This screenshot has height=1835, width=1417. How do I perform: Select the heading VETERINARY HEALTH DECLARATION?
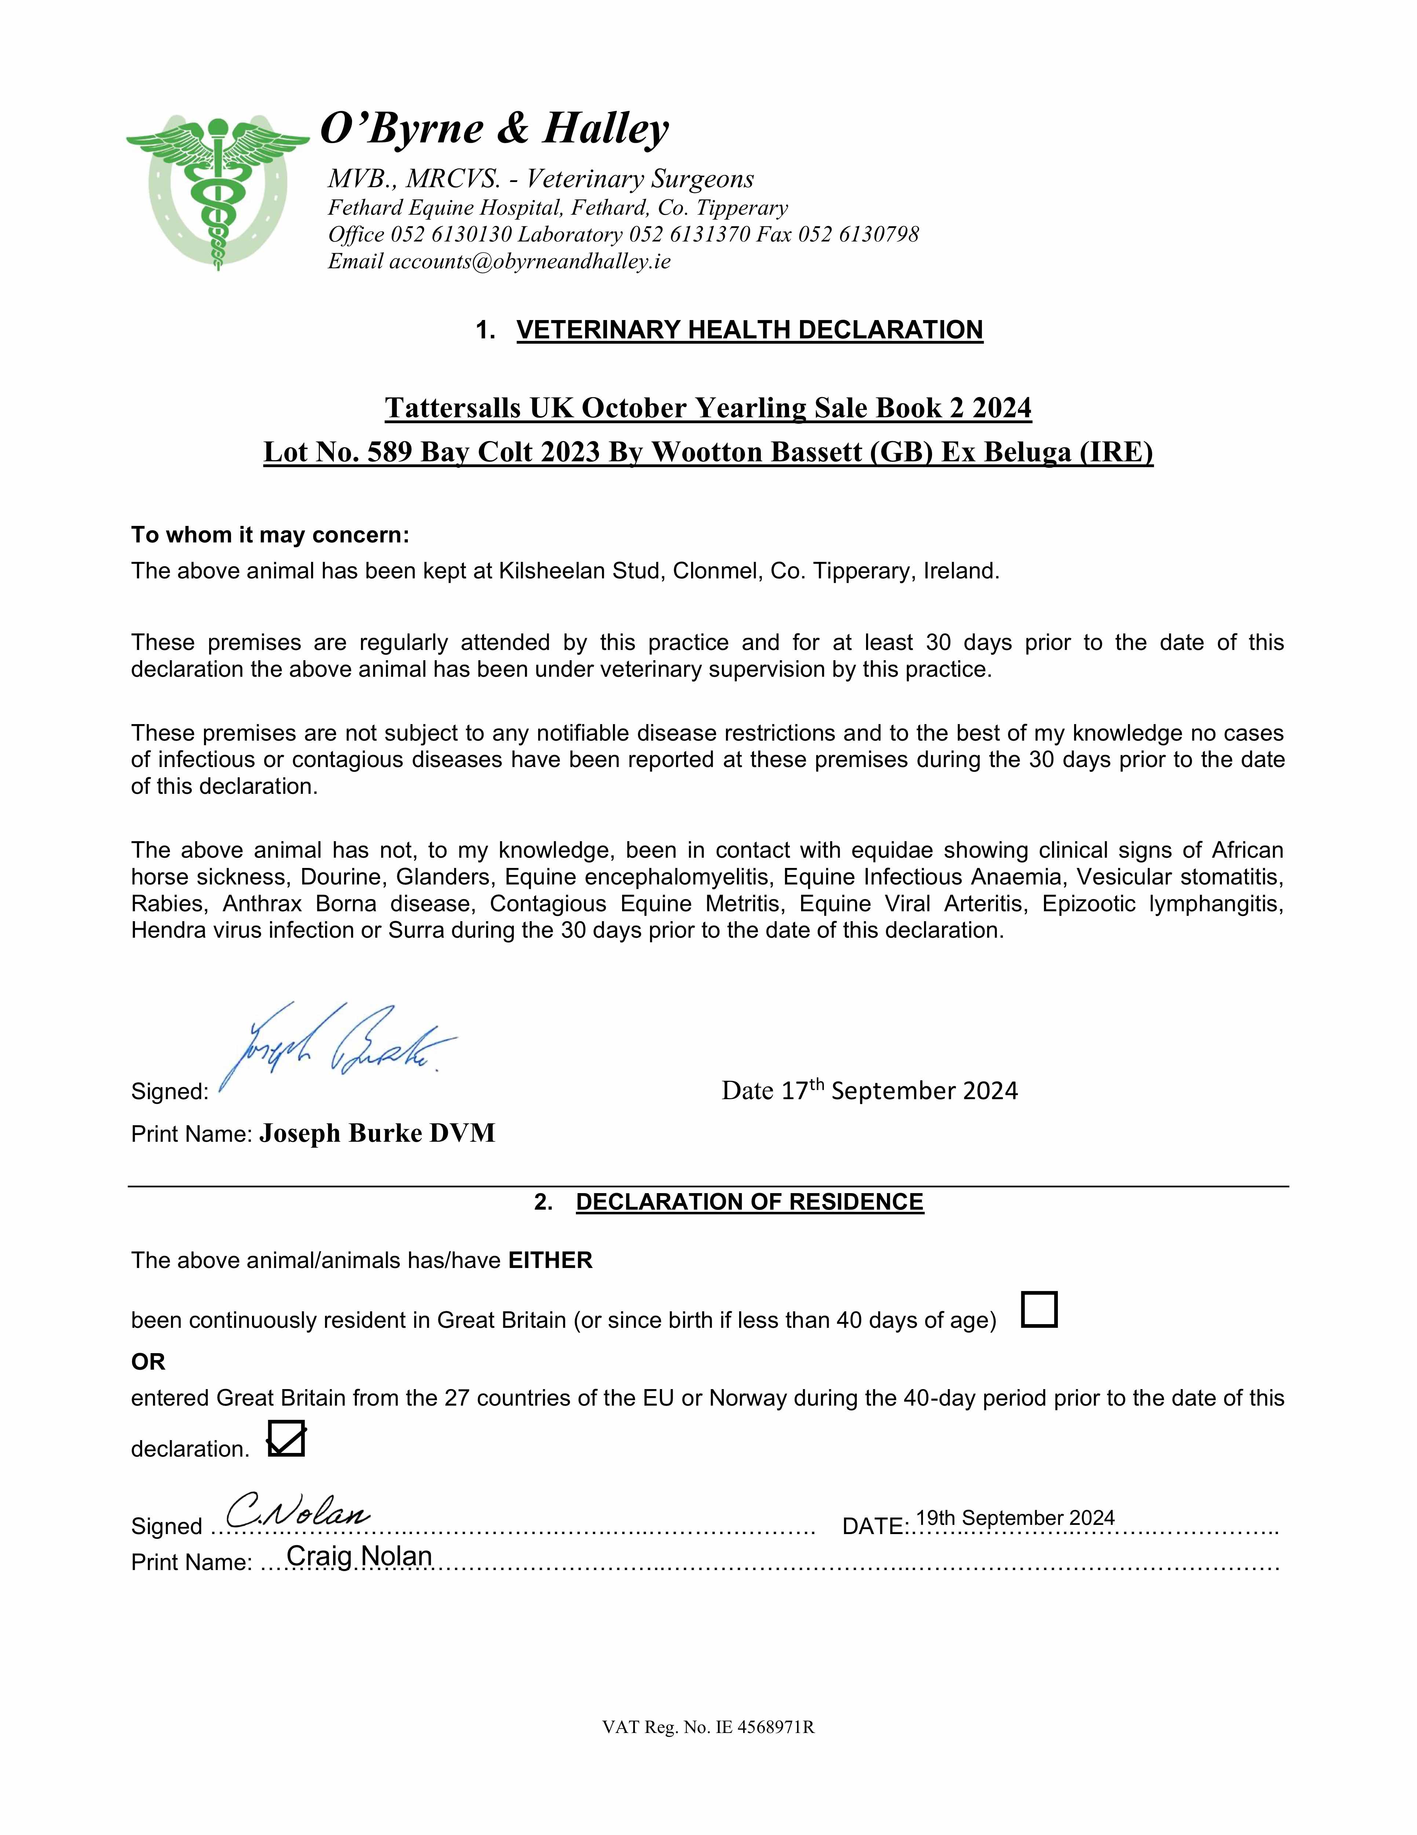749,329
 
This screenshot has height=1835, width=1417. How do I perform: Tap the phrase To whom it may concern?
270,535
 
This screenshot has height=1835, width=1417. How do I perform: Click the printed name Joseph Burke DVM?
377,1133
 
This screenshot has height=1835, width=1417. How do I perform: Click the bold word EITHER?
550,1260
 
